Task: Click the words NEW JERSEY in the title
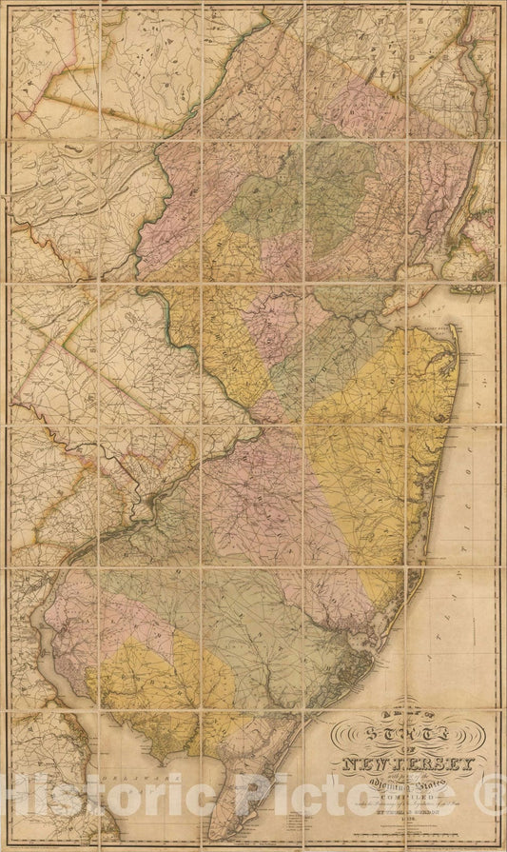point(410,763)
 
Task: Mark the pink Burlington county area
point(276,505)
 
